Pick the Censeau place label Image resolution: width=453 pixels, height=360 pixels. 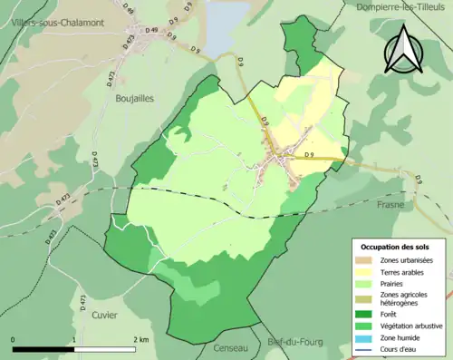[230, 347]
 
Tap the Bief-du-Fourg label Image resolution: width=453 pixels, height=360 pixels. [292, 342]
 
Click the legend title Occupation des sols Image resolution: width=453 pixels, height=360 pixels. [396, 246]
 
